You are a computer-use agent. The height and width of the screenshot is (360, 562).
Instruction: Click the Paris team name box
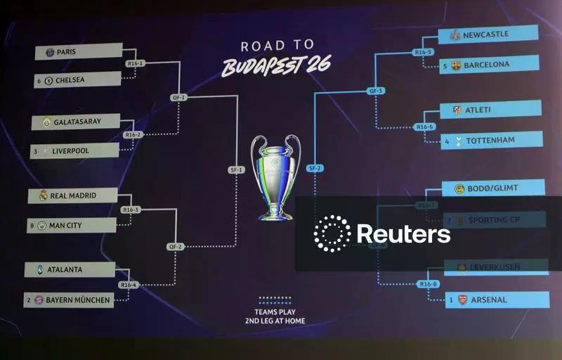[x=79, y=52]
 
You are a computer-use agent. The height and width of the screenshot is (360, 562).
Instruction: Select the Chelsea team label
[x=79, y=80]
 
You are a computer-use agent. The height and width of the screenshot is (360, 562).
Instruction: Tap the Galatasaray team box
[x=76, y=122]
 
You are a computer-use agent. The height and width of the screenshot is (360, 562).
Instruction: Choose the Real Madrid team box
[x=73, y=195]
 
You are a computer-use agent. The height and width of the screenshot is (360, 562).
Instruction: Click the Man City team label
[x=73, y=226]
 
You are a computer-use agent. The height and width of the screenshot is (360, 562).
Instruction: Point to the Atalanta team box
[x=70, y=269]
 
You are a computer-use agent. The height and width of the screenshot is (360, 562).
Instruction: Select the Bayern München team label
[x=70, y=300]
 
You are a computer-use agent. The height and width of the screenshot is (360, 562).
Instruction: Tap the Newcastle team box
[x=488, y=34]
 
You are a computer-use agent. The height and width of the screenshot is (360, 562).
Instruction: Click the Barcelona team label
[x=489, y=65]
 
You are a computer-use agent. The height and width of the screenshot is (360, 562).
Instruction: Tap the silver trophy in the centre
[x=276, y=176]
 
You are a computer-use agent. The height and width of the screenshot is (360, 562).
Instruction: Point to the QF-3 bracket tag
[x=376, y=91]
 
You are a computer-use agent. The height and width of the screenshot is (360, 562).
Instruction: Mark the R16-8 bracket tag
[x=428, y=284]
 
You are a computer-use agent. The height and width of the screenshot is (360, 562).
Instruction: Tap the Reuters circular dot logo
[x=332, y=233]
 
